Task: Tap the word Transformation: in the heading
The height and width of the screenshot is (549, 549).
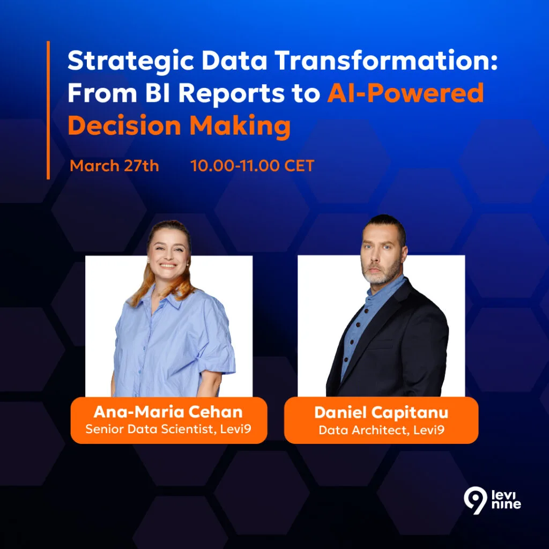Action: [x=387, y=60]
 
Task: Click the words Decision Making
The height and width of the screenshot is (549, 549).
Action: [x=179, y=127]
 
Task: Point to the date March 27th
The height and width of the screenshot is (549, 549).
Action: [x=115, y=166]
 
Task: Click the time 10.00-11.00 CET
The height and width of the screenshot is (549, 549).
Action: [x=252, y=166]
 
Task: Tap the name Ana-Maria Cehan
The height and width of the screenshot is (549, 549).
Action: [x=168, y=412]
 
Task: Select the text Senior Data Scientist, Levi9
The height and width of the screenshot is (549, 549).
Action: [x=168, y=429]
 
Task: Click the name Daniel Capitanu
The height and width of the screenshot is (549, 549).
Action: [x=381, y=412]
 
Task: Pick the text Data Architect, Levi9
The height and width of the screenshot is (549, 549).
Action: [x=381, y=429]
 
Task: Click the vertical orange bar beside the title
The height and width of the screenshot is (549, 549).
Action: [x=48, y=110]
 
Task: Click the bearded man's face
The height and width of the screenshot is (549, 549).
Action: [x=381, y=252]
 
